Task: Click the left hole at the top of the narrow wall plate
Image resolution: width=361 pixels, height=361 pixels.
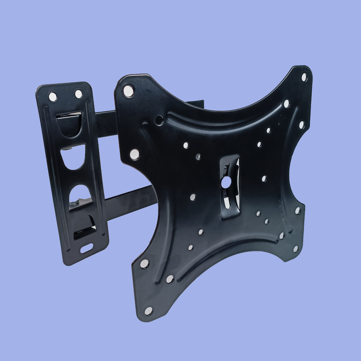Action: tap(53, 96)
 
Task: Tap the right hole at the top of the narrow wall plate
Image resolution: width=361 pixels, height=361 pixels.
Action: tap(78, 94)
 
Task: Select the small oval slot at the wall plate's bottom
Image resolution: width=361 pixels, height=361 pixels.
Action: tap(87, 248)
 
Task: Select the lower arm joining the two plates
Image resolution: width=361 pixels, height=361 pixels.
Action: tap(130, 203)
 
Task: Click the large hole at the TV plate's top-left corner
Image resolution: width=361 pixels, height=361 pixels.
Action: tap(129, 91)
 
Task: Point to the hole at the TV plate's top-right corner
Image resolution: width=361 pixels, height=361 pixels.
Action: tap(304, 77)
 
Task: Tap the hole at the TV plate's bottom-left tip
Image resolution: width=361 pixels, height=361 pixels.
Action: tap(148, 311)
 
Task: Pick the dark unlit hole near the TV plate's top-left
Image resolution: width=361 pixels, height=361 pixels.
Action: tap(159, 120)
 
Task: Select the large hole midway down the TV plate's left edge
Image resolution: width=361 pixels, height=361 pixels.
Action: tap(134, 154)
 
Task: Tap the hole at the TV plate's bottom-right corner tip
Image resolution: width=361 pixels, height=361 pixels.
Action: tap(296, 249)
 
